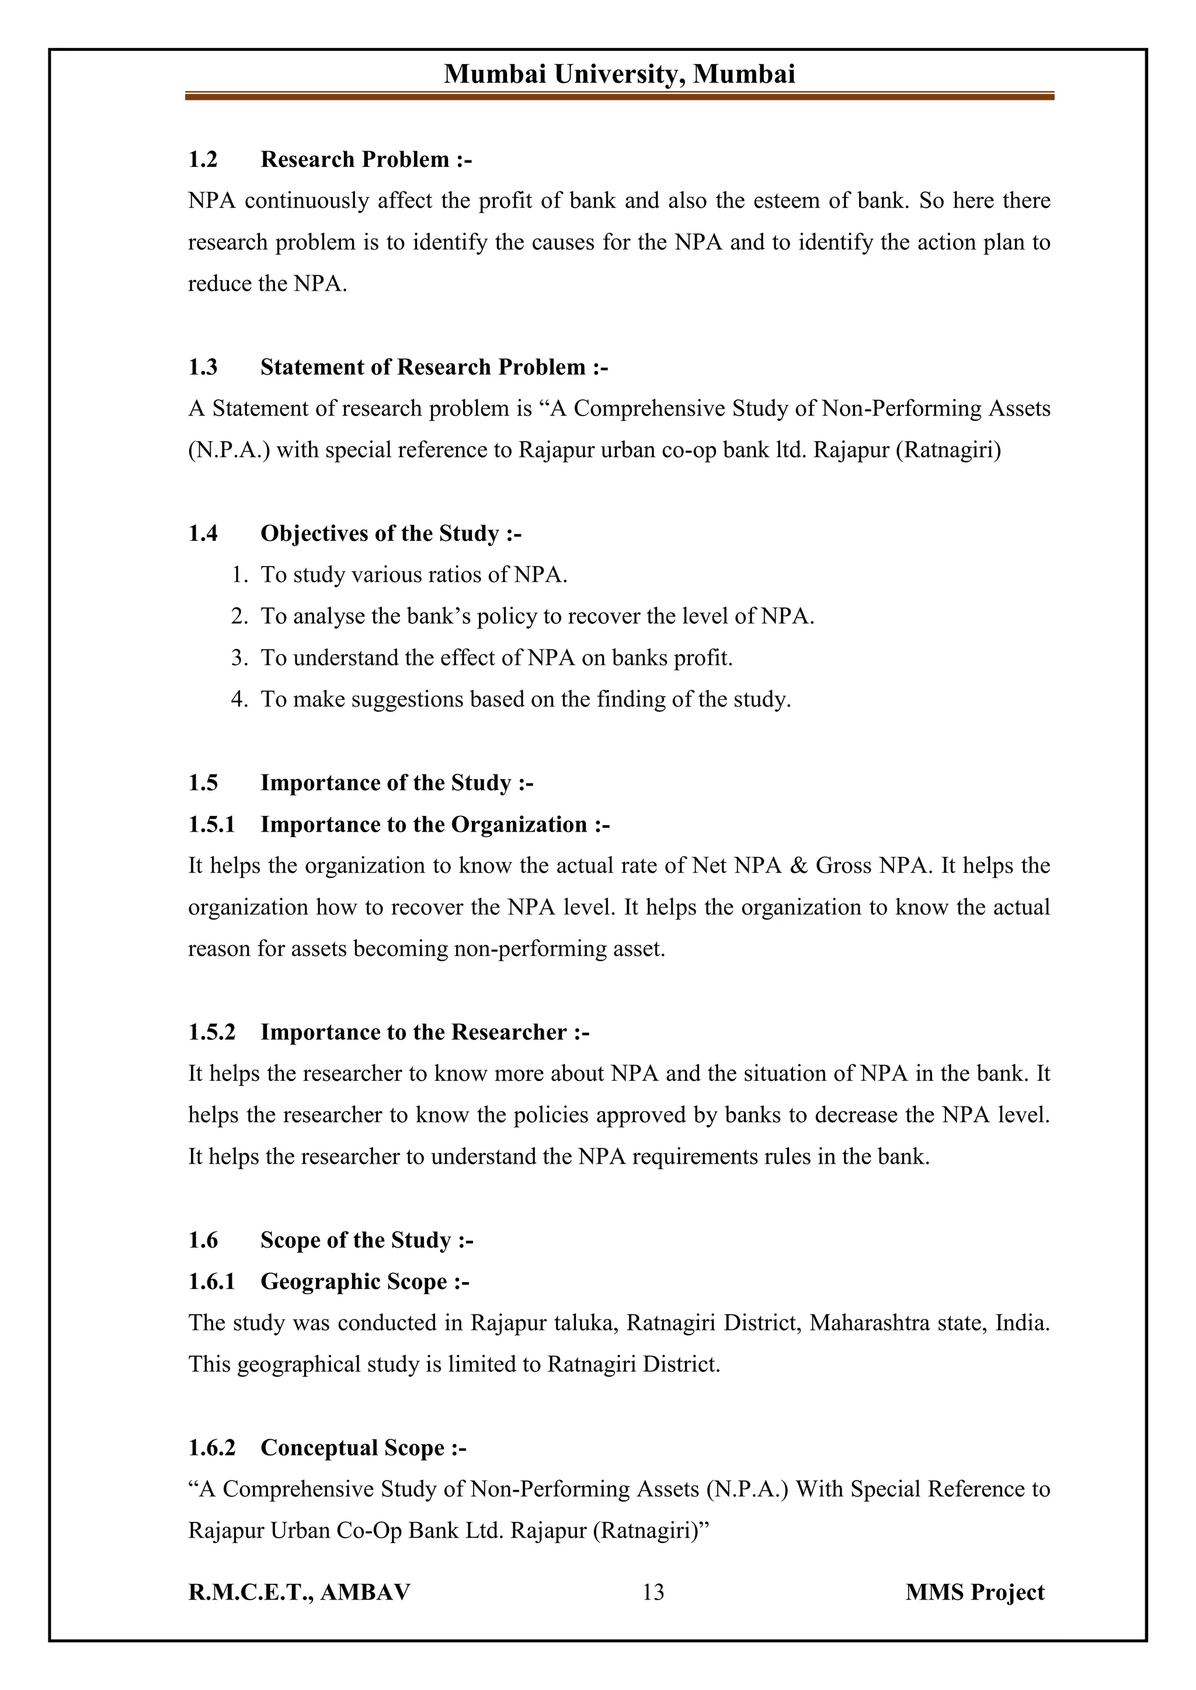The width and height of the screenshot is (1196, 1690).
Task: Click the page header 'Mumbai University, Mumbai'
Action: click(620, 74)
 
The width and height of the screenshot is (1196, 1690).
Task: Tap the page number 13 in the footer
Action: click(652, 1591)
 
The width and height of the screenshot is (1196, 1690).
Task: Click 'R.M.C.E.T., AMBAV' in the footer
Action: click(299, 1592)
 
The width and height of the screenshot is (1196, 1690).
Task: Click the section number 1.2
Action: click(203, 160)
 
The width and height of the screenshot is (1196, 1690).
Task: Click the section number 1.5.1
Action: click(211, 825)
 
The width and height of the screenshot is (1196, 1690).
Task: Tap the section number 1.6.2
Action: click(211, 1448)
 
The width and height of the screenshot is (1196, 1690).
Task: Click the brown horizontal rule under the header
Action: click(620, 96)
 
